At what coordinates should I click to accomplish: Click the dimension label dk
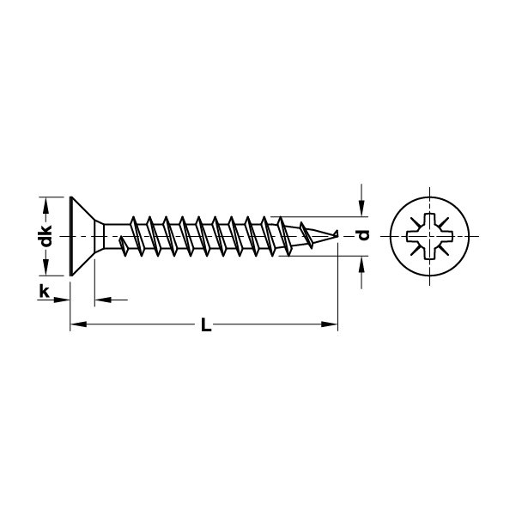point(46,236)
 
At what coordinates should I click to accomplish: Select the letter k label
point(44,292)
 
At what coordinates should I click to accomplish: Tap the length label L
point(206,324)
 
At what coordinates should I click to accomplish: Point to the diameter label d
point(364,235)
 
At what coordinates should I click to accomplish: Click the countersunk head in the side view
point(83,236)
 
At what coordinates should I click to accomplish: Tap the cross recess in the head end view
point(429,236)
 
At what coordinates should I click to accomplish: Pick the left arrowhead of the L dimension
point(78,324)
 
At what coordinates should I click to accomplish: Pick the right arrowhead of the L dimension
point(330,324)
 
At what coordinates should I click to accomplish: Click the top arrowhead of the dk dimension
point(46,205)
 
